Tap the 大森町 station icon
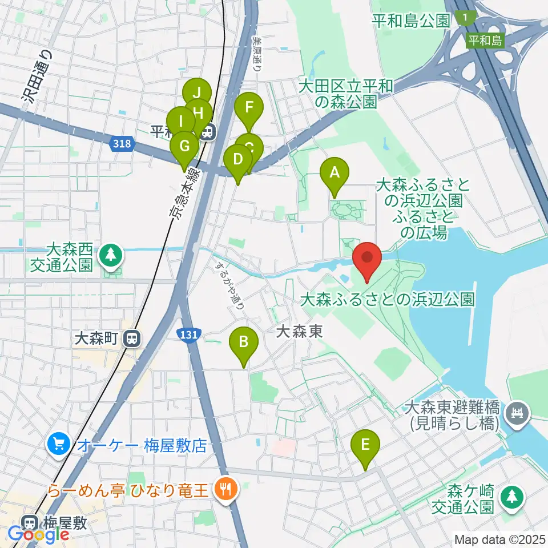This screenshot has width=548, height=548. pyautogui.click(x=132, y=339)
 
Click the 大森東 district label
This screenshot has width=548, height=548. pyautogui.click(x=299, y=332)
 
